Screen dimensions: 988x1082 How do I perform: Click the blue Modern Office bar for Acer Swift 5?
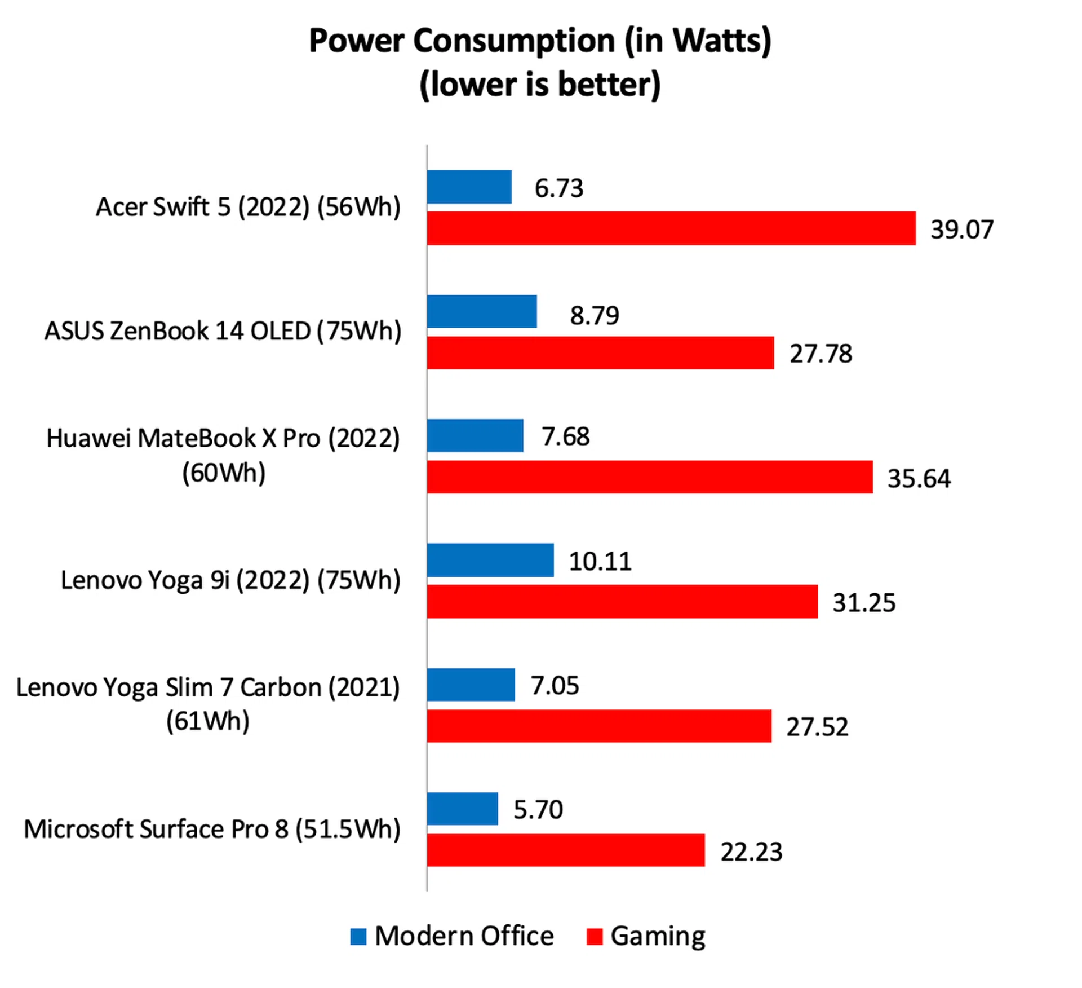pos(469,187)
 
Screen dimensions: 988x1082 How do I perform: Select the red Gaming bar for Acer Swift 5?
pos(671,228)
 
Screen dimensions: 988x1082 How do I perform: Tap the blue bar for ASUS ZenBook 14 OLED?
pos(481,311)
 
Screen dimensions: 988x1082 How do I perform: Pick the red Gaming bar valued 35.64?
pos(649,477)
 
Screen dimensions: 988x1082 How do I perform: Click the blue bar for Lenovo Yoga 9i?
pos(490,560)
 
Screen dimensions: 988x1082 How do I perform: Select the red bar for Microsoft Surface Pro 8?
pos(565,850)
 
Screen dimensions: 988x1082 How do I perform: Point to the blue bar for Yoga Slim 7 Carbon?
pos(471,685)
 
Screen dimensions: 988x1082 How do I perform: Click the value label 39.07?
pos(961,230)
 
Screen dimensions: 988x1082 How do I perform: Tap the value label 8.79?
pos(594,315)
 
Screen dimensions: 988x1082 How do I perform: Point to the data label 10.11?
pos(600,562)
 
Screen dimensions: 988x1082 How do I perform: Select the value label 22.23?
pos(751,852)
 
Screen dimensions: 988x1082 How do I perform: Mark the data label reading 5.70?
pos(538,810)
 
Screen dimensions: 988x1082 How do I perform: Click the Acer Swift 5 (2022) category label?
pos(248,207)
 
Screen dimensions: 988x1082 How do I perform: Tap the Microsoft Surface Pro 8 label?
pos(212,830)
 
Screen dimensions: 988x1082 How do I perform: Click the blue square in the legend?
pos(358,937)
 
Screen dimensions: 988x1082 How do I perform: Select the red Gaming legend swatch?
pos(595,937)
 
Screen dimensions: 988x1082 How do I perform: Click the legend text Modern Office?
pos(464,936)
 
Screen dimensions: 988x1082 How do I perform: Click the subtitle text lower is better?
pos(540,85)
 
